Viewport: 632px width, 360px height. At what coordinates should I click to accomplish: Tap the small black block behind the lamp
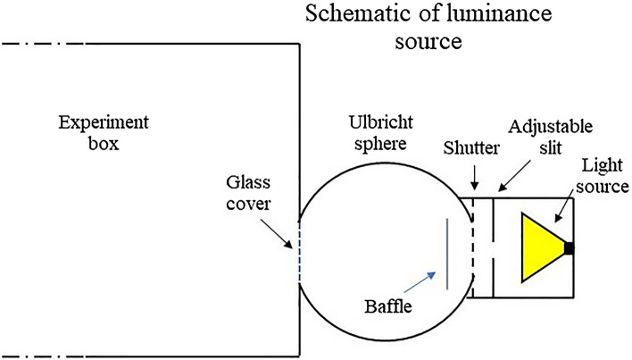[569, 248]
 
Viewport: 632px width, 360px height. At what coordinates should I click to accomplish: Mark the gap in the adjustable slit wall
[493, 249]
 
